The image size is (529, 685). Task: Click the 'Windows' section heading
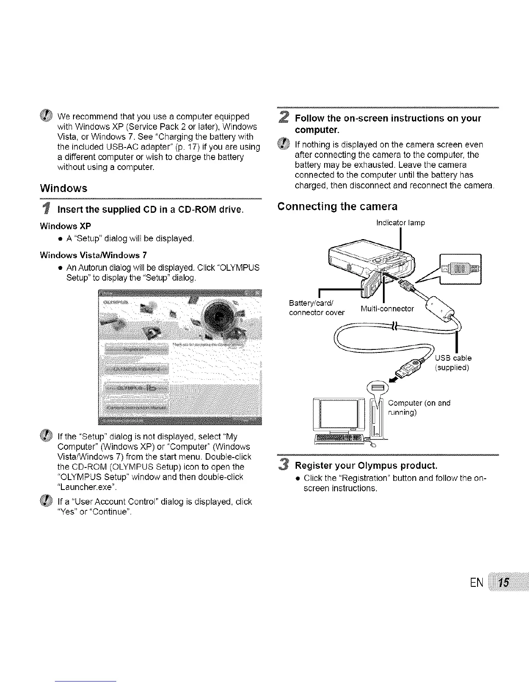(63, 189)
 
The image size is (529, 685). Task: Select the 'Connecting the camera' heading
(337, 206)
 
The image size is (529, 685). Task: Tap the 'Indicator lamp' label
(401, 223)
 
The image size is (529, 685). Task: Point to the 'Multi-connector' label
(387, 309)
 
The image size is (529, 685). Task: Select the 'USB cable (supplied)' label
(453, 363)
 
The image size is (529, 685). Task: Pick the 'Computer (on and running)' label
(419, 407)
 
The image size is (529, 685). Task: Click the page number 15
(503, 583)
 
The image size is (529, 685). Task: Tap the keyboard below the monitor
(340, 438)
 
